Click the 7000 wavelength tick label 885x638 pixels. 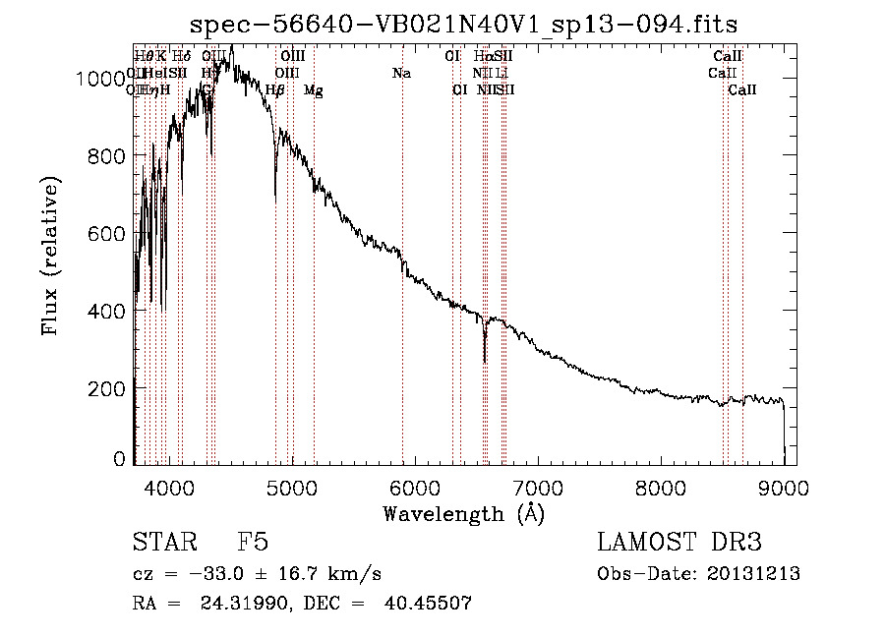tap(537, 485)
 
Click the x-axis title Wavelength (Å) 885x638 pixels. tap(463, 512)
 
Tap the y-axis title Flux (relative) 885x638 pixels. tap(50, 256)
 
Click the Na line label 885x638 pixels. tap(401, 73)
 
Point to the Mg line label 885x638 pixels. tap(313, 90)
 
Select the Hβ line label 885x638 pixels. tap(275, 90)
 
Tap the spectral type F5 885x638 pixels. tap(253, 543)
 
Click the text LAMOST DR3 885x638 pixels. tap(679, 543)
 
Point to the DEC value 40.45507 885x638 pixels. tap(433, 604)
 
